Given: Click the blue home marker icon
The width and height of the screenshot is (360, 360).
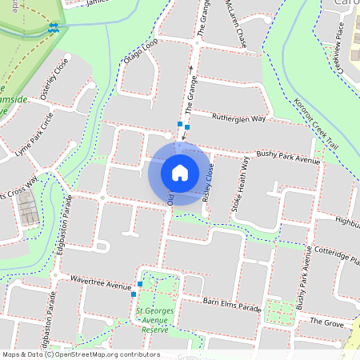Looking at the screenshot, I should tap(179, 172).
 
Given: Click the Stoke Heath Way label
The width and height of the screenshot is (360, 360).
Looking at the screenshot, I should tap(240, 184).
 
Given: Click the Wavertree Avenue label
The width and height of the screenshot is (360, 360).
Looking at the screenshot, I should tap(100, 284).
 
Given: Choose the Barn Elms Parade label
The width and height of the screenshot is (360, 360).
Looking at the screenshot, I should tap(232, 306).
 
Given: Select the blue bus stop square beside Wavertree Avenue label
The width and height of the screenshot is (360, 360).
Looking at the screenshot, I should tap(140, 284).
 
